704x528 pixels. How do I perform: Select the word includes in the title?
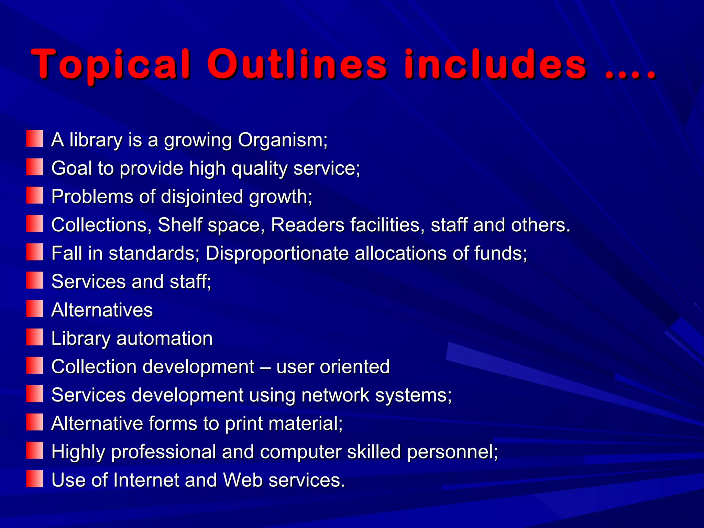tap(495, 65)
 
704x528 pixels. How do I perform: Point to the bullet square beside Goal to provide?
tap(35, 167)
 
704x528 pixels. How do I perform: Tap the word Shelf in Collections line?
tap(179, 225)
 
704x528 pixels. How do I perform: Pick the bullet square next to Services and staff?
tap(35, 280)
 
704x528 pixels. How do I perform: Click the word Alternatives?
tap(102, 310)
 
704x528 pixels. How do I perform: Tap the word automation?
tap(165, 339)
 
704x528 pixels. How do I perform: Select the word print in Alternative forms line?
tap(244, 423)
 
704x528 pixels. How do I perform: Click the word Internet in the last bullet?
tap(146, 480)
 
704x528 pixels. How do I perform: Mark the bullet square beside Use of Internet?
tap(35, 479)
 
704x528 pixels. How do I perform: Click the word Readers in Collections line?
tap(308, 225)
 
